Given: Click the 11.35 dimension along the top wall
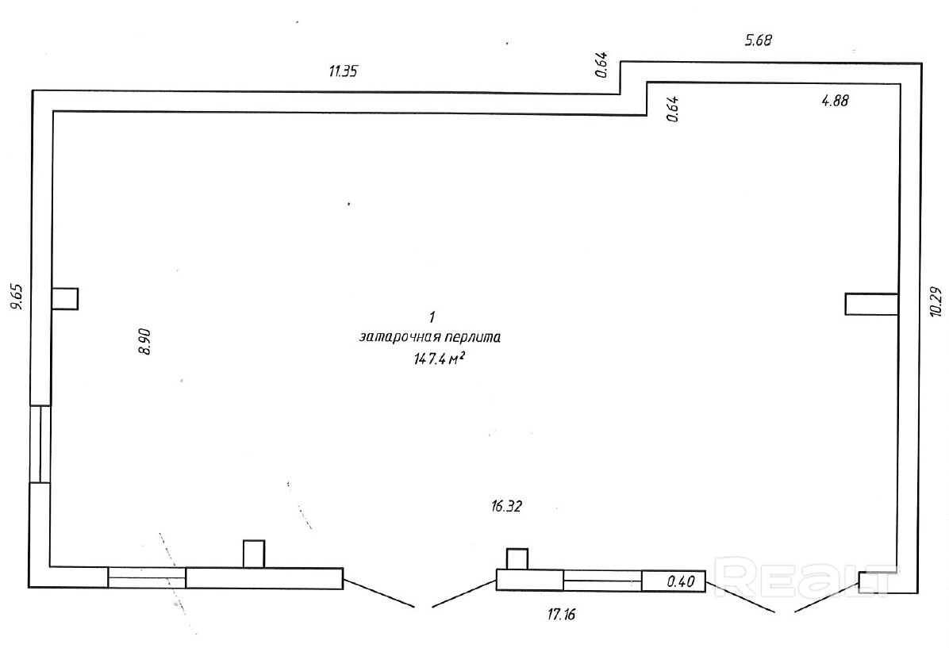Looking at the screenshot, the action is [344, 71].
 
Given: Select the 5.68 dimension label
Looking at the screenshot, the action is [759, 39].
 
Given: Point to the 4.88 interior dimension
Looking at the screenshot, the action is [835, 101].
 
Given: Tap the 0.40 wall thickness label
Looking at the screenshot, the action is [681, 581].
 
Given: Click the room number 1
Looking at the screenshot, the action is [432, 318].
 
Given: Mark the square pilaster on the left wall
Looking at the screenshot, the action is [65, 298].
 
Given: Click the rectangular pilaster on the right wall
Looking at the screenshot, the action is [871, 304].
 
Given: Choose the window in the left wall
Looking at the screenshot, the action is [40, 444].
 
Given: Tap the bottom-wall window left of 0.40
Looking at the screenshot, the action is [602, 581].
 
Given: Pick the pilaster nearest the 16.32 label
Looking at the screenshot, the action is [517, 558].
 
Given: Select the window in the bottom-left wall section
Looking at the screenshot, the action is [147, 577].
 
